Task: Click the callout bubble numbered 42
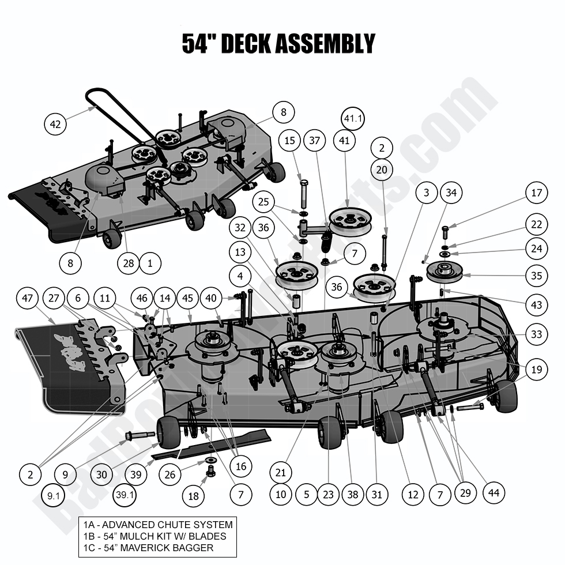click(x=55, y=123)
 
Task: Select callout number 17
click(x=536, y=193)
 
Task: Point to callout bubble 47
click(x=27, y=299)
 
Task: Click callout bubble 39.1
click(x=125, y=495)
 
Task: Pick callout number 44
click(x=494, y=493)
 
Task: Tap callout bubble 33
click(x=536, y=334)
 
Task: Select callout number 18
click(x=193, y=495)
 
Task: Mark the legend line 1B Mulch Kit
click(x=155, y=536)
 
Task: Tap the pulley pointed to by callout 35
click(x=445, y=271)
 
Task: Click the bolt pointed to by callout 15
click(x=304, y=188)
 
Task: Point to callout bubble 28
click(x=127, y=263)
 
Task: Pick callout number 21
click(x=280, y=473)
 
